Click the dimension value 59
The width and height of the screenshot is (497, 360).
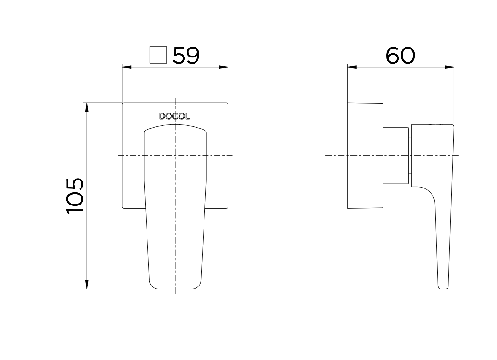[x=186, y=56]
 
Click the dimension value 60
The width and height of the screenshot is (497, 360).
[x=400, y=56]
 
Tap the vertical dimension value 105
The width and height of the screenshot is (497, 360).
[x=75, y=196]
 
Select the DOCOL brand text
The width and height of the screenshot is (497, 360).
[x=174, y=116]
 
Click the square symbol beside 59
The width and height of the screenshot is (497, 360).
[x=158, y=55]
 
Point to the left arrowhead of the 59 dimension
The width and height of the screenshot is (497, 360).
[x=127, y=67]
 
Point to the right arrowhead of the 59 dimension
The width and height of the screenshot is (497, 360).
[x=223, y=67]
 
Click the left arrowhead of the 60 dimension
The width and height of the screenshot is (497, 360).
[x=352, y=67]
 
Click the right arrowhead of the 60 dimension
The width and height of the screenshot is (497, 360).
[x=449, y=67]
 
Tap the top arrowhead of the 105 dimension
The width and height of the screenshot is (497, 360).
[x=87, y=107]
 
